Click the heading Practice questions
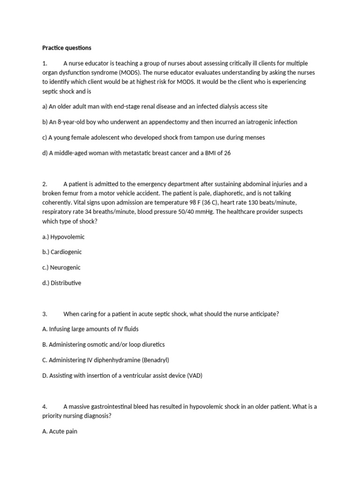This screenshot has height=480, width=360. pos(67,48)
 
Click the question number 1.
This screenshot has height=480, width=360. pos(45,63)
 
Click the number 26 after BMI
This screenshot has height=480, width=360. pos(227,153)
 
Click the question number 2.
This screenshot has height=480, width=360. pos(45,184)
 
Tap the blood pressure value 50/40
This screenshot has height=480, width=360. pos(252,211)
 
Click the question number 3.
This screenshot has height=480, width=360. pos(45,314)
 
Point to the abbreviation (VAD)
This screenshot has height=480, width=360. pos(194,376)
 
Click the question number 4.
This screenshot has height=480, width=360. pos(45,406)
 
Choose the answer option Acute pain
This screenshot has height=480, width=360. pos(60,431)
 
